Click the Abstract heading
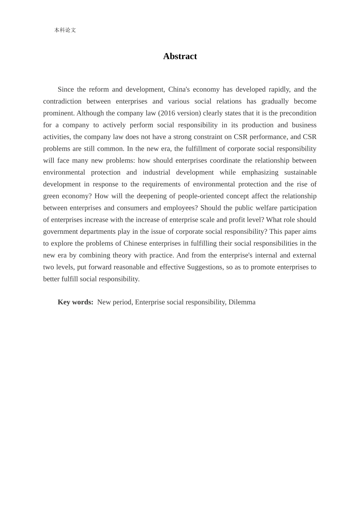tap(180, 56)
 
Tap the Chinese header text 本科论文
tap(65, 30)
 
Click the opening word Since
tap(66, 89)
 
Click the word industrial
tap(157, 172)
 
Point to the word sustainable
tap(300, 172)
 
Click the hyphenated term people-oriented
tap(199, 196)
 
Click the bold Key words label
tap(75, 302)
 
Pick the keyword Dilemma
tap(242, 302)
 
